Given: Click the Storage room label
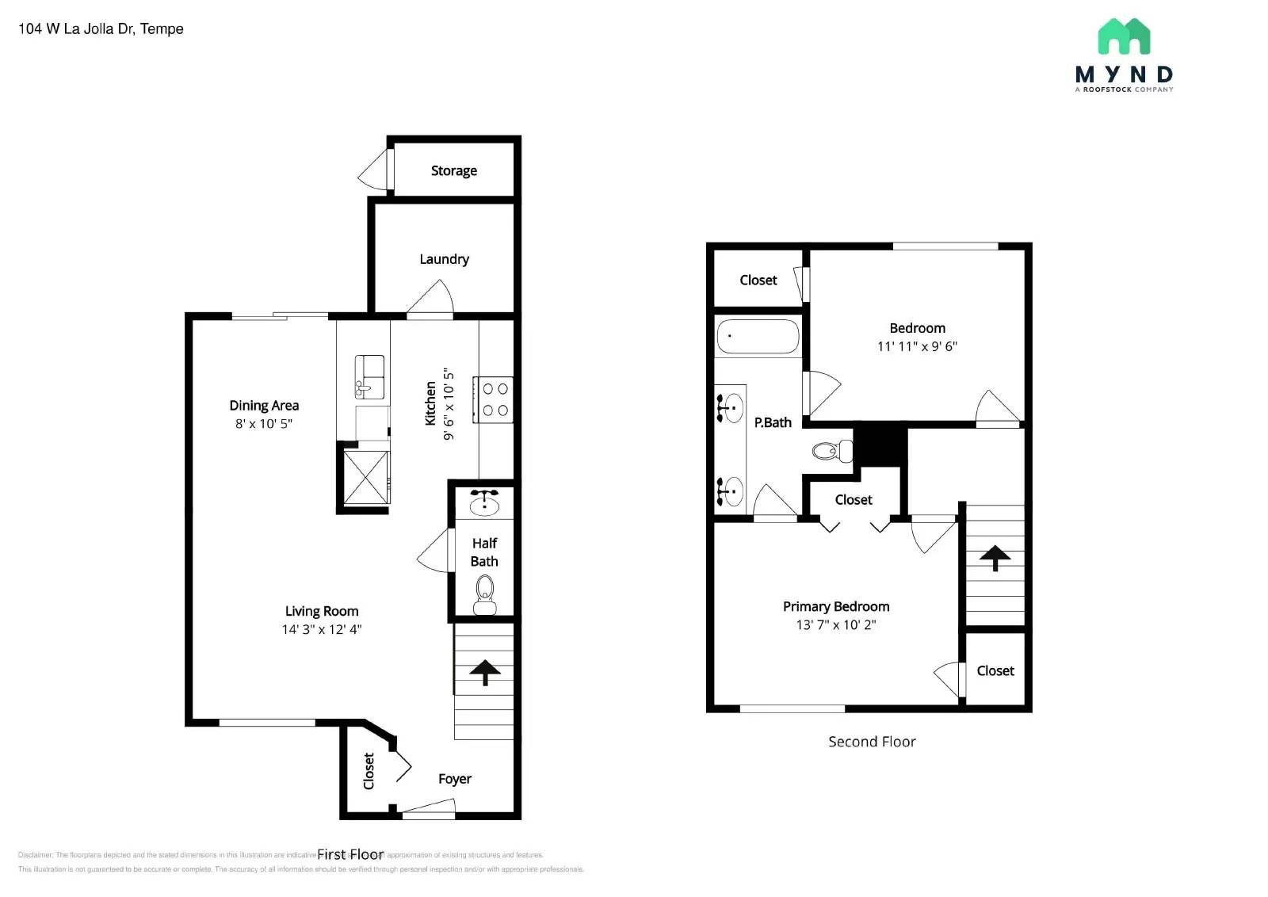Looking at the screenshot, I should [453, 170].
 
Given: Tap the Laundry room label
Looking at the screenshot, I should [444, 259].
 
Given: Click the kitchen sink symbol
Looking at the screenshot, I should [369, 376].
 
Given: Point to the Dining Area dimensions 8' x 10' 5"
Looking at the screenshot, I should [263, 424].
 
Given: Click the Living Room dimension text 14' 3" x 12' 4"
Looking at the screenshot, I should [321, 630].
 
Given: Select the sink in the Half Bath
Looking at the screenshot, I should [484, 503].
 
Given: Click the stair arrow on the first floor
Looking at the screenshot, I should [484, 672].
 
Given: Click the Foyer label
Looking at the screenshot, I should [454, 779].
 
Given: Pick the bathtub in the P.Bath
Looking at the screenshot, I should [758, 337].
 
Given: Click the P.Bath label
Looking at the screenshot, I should [773, 422].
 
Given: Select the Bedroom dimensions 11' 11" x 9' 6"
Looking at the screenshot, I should [917, 346].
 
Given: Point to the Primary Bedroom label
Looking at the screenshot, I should [836, 606].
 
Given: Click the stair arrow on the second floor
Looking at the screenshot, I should [995, 557].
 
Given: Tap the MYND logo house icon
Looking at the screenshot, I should [1124, 36].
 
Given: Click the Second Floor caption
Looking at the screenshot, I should [872, 742].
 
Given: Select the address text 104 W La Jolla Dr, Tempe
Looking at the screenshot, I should [101, 29].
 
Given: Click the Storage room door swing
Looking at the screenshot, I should [374, 170].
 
